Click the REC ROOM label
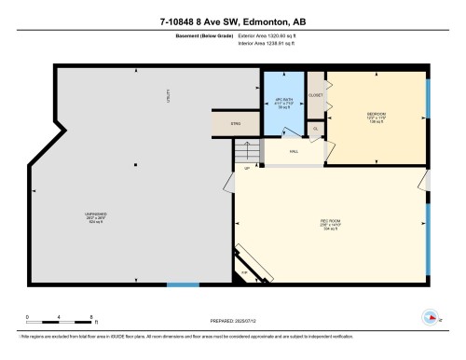click(x=327, y=224)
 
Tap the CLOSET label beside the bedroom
click(x=315, y=95)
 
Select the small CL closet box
click(x=316, y=129)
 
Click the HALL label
click(x=293, y=150)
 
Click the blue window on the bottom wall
click(x=184, y=284)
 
